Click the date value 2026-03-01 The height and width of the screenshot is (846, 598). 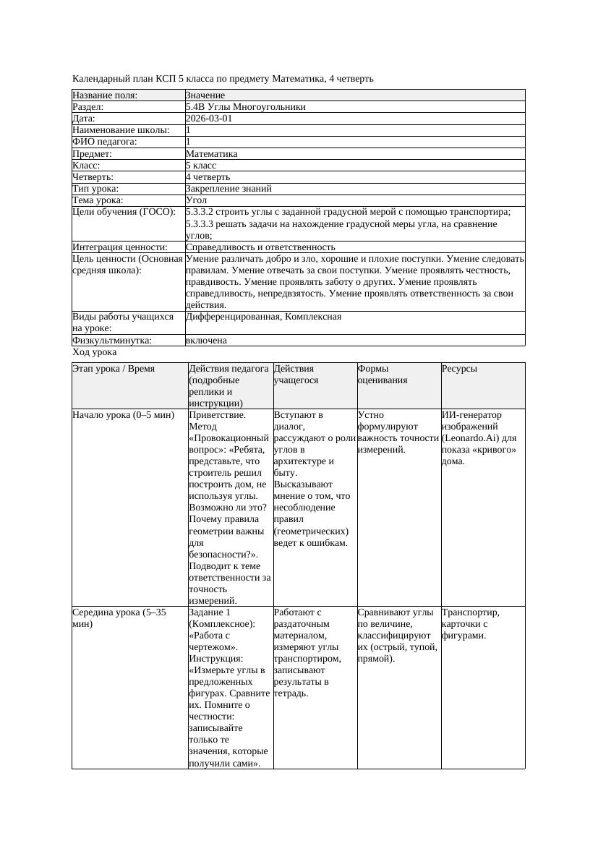(x=209, y=119)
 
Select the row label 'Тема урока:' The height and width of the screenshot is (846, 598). (x=98, y=200)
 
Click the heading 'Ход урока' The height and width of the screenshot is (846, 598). (x=94, y=352)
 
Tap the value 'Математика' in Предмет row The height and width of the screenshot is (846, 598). (x=211, y=153)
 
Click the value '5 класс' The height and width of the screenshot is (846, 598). (x=201, y=166)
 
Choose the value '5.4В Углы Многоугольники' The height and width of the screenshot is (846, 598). (x=245, y=107)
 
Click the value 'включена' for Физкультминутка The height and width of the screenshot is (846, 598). (x=206, y=341)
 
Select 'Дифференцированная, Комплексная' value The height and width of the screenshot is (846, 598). (x=263, y=317)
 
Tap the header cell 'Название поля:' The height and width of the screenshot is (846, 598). (x=105, y=95)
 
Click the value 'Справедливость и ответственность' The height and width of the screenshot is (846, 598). (x=260, y=247)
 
